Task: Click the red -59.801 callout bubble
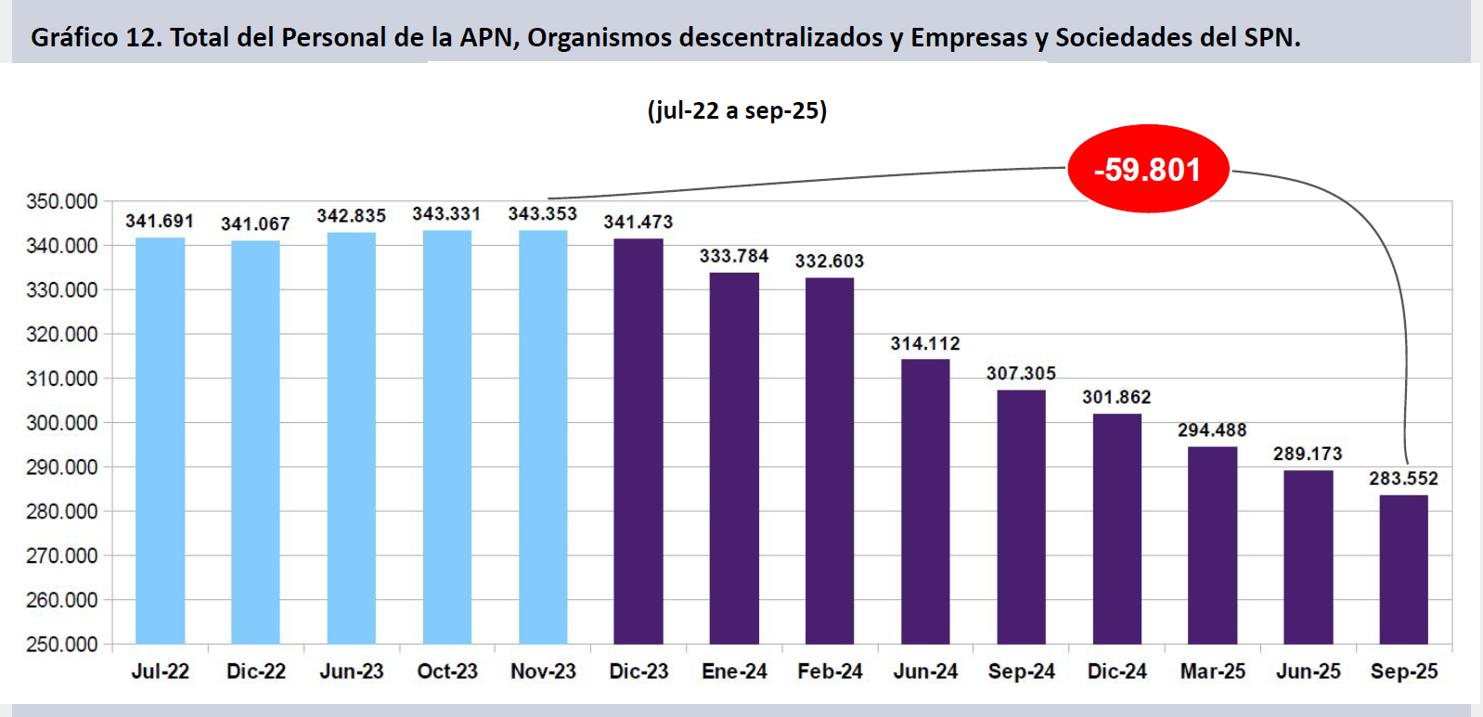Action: click(x=1148, y=170)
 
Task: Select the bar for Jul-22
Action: click(x=160, y=441)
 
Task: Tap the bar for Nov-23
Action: click(x=543, y=437)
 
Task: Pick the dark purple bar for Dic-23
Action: click(x=638, y=442)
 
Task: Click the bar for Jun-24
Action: click(x=925, y=501)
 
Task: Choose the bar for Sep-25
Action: click(x=1403, y=570)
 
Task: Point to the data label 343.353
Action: click(x=542, y=214)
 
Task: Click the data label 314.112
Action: click(x=925, y=344)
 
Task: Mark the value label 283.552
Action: click(x=1403, y=479)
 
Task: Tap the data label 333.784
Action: click(x=734, y=256)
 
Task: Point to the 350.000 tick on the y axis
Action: click(x=61, y=201)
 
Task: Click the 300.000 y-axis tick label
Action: click(x=61, y=423)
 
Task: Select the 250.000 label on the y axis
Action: click(x=61, y=644)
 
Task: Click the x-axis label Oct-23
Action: click(x=447, y=672)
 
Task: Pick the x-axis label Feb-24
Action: click(x=830, y=672)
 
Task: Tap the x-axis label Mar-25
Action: click(x=1212, y=672)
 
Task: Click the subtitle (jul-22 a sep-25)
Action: click(x=737, y=110)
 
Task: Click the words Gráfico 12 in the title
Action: click(x=94, y=37)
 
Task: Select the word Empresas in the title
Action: click(x=969, y=37)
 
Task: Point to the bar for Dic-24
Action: click(x=1116, y=529)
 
